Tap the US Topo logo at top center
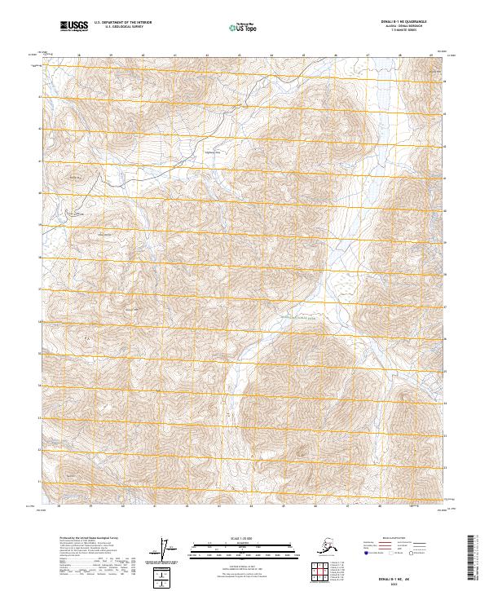(x=241, y=27)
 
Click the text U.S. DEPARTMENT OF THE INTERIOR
(x=123, y=24)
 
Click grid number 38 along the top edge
(x=79, y=55)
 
